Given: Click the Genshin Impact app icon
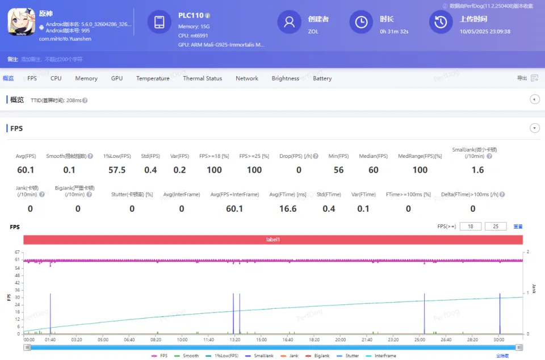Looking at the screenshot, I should (x=21, y=23).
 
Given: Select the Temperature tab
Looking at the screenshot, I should (x=153, y=78).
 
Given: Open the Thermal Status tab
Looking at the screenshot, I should (x=202, y=78).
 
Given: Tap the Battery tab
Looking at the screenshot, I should (x=322, y=78).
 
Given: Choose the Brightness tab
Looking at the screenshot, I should (x=285, y=78).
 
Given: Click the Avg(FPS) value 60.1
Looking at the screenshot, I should (x=26, y=170).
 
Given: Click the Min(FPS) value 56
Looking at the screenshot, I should (x=339, y=170).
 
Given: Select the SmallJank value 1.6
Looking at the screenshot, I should (x=477, y=170).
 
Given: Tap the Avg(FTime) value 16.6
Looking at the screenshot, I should (x=288, y=208).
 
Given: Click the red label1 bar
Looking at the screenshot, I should (x=273, y=240).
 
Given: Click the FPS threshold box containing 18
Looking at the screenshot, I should (x=470, y=227).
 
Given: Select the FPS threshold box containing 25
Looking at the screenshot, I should (x=496, y=227).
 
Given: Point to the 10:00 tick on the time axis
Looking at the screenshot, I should (x=182, y=340).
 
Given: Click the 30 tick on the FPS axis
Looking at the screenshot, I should (x=17, y=298).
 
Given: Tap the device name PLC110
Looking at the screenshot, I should (x=191, y=15).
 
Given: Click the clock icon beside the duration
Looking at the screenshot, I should (x=361, y=22).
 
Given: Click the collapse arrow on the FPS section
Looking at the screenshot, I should (x=535, y=128).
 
